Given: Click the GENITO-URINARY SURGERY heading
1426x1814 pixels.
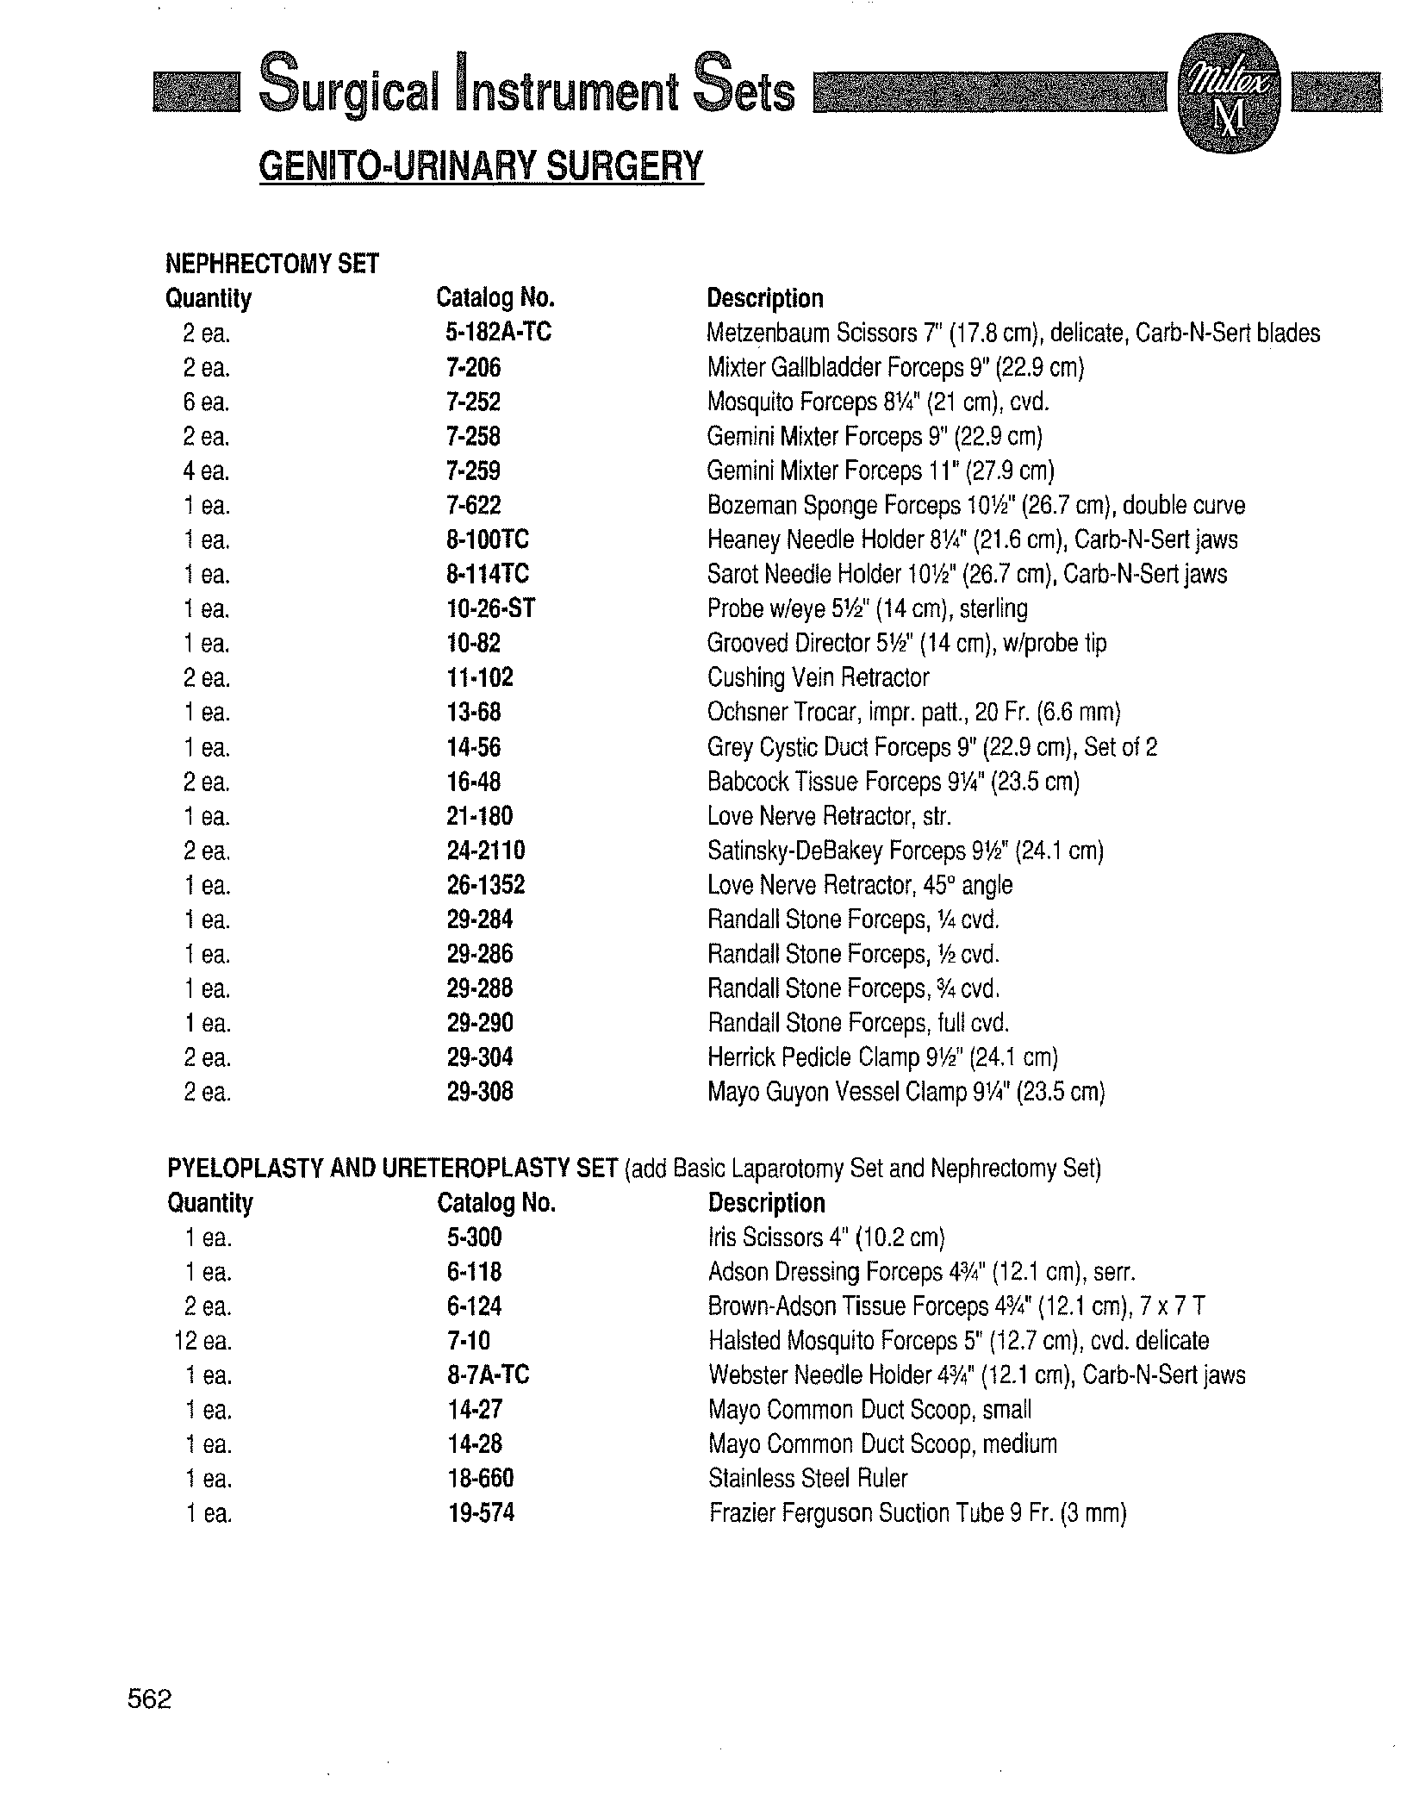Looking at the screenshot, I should (x=481, y=165).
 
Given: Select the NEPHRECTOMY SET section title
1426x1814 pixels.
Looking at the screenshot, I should (x=272, y=264).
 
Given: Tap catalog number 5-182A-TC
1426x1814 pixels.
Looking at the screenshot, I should (x=498, y=333).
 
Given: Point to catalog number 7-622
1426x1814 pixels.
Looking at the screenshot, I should (x=474, y=506).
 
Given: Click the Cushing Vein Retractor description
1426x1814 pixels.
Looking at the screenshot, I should (x=818, y=678).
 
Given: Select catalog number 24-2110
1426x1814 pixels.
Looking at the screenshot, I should (x=486, y=851).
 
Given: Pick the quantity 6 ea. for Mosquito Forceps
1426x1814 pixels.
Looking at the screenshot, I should (x=206, y=402).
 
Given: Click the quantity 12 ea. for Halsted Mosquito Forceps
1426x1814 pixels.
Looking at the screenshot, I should (x=202, y=1341).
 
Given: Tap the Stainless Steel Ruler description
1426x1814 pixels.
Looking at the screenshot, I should (x=807, y=1479).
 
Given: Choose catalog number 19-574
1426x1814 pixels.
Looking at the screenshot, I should (x=481, y=1513).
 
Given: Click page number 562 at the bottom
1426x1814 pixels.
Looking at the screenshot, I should (x=150, y=1699).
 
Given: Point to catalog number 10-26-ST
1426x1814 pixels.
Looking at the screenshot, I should (x=490, y=609).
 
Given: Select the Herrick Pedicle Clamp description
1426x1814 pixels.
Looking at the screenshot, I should (x=882, y=1057).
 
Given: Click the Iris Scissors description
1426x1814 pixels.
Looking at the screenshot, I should (x=826, y=1238).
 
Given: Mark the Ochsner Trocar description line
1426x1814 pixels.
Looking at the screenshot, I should (x=913, y=713).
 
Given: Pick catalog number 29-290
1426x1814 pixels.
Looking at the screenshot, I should (x=480, y=1023).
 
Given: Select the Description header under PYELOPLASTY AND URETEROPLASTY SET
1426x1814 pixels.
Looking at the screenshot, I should (x=766, y=1203).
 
